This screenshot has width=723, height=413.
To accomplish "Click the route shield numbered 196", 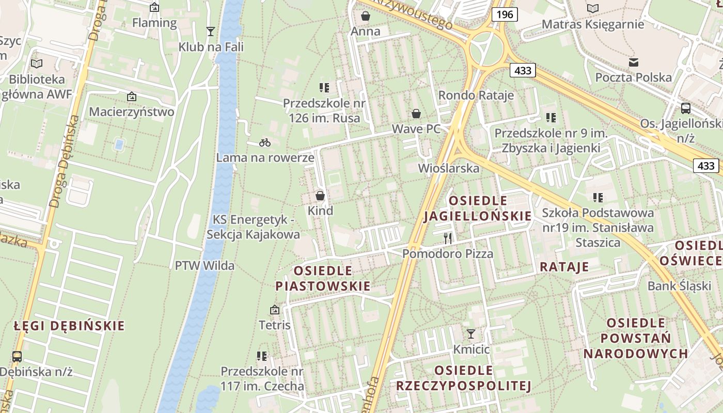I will point(504,14).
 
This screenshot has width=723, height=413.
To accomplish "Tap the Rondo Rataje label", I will point(476,95).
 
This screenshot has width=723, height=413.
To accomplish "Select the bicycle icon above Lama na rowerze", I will point(265,142).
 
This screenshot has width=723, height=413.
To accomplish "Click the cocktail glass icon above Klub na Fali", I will point(210,31).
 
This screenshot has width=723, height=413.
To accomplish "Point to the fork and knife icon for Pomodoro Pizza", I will point(448,238).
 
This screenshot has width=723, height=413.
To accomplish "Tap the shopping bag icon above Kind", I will point(320,196).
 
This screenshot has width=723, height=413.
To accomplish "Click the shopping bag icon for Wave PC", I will point(416,114).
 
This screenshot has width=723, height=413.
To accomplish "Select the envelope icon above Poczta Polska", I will point(634,62).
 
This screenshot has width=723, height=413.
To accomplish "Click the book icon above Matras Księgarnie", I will point(593,9).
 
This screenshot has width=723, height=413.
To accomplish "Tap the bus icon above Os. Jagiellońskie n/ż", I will point(686,108).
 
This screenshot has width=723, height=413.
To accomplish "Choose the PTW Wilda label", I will point(205,266).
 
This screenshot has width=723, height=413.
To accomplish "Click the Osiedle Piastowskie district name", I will point(323,278).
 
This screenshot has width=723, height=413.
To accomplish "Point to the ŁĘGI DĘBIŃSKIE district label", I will point(69,326).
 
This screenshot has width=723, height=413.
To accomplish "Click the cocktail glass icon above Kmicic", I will point(471,334).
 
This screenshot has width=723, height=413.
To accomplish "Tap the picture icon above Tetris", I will point(275,310).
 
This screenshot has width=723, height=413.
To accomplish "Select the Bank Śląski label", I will point(679,286).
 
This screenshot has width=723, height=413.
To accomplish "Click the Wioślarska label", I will point(448,168).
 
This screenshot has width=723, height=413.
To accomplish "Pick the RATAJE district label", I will point(564,267).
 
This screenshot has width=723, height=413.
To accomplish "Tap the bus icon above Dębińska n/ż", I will point(17,356).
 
